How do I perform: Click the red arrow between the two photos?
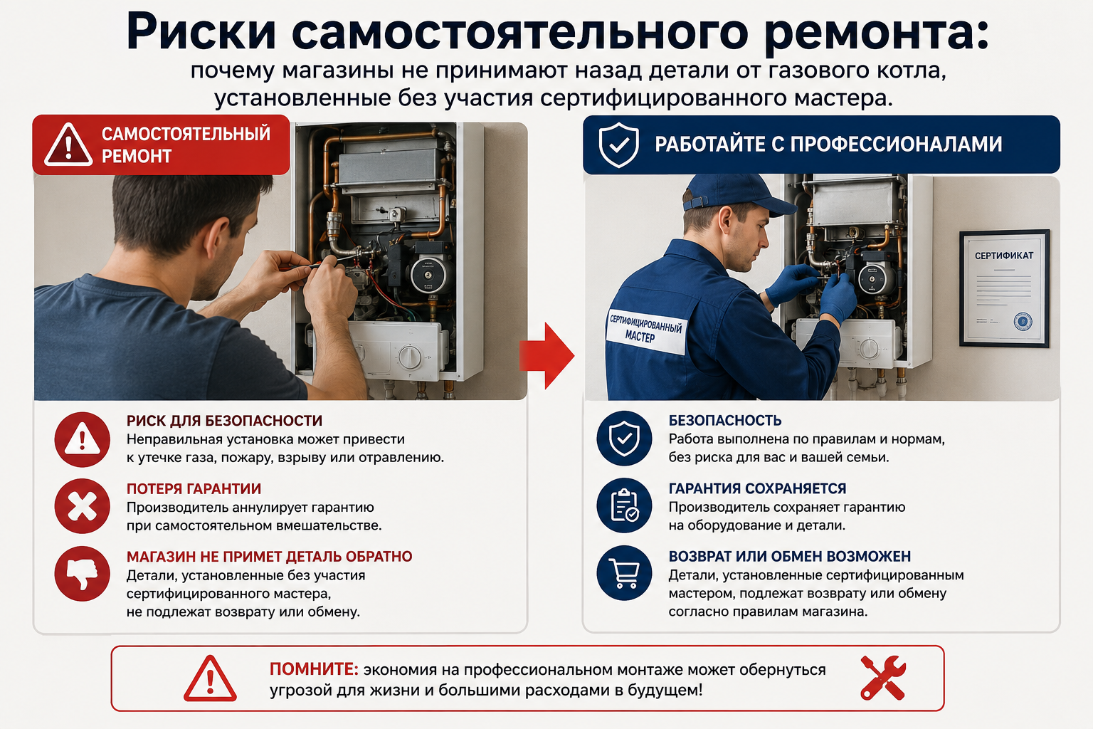(x=546, y=355)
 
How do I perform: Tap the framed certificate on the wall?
(x=1004, y=288)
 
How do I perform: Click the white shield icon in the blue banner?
(x=618, y=145)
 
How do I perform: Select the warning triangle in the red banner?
(x=68, y=145)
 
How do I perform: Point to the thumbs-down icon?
(x=82, y=573)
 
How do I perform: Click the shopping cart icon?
(x=624, y=573)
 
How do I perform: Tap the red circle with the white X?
(x=82, y=506)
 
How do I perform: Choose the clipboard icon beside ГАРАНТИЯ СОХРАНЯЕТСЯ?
(x=624, y=505)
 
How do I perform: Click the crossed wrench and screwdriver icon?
(x=883, y=678)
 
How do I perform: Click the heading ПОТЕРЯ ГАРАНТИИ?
(x=194, y=489)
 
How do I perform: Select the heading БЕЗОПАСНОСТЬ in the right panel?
(x=724, y=421)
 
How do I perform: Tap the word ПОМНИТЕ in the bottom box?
(x=313, y=669)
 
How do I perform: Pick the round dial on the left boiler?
(x=410, y=357)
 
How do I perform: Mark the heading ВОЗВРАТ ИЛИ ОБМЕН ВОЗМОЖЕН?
(x=789, y=556)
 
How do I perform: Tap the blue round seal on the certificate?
(x=1023, y=322)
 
